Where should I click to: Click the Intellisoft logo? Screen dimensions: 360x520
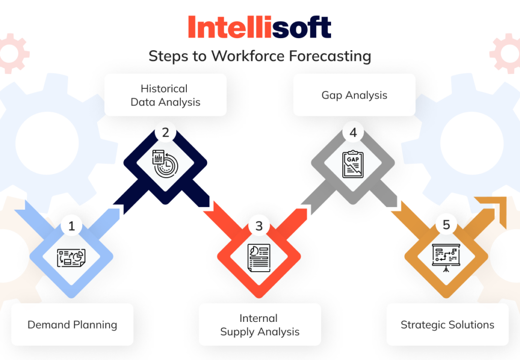259,27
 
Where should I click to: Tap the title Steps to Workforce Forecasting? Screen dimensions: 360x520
259,56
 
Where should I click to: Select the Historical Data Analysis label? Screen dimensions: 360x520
166,95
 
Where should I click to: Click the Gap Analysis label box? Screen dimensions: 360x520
354,95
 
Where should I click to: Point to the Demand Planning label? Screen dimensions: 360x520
72,324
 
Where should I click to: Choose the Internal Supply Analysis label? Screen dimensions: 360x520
259,325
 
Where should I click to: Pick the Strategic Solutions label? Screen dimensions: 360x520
447,324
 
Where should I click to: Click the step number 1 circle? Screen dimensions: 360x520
72,226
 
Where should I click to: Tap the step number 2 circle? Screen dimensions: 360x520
166,133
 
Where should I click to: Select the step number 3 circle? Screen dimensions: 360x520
259,226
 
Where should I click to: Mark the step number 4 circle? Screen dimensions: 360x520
353,133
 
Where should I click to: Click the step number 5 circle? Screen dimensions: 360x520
446,225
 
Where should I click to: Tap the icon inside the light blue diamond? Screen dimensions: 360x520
72,257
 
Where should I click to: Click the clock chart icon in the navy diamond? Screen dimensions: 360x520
166,164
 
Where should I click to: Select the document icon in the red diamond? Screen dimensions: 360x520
259,257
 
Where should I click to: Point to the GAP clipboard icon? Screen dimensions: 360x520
353,164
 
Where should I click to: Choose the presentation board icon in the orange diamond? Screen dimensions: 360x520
446,256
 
